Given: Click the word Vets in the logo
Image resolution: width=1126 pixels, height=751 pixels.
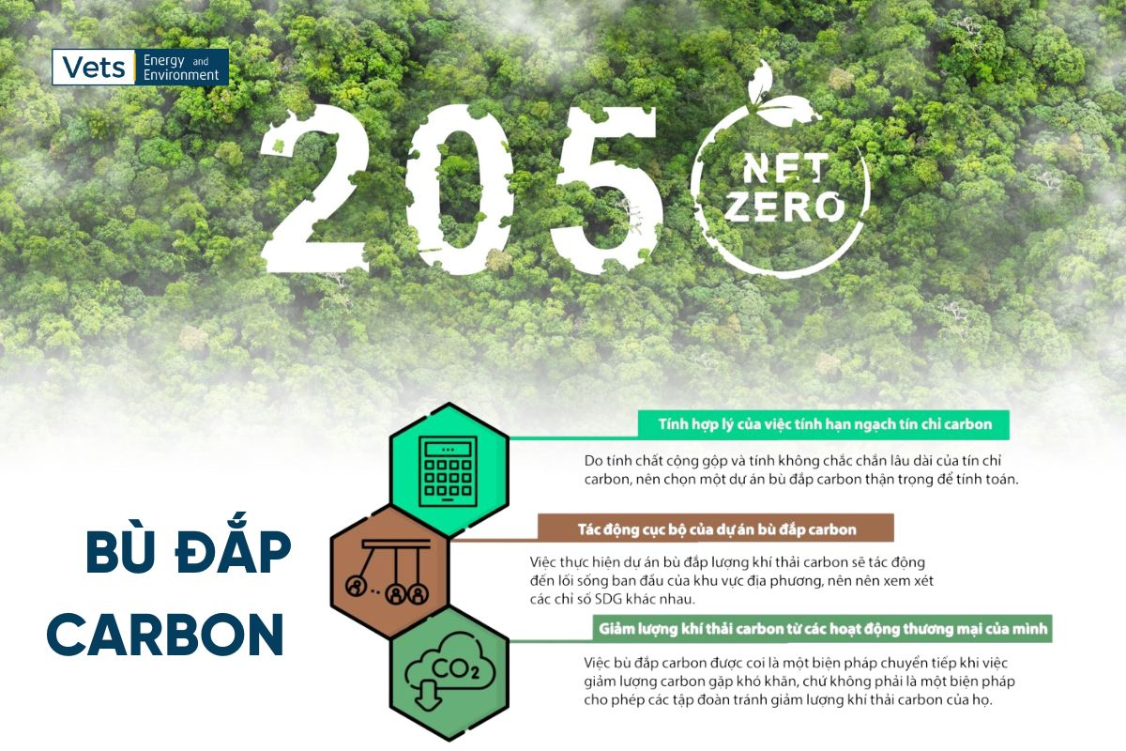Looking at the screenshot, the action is click(93, 68).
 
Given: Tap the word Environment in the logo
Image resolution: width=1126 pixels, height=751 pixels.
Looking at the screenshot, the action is click(181, 75).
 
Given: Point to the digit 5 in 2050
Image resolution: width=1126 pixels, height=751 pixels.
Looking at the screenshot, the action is click(603, 191).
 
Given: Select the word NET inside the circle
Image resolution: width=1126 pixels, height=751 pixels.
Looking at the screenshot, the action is click(785, 169).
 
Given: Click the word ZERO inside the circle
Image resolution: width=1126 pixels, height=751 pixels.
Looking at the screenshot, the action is click(784, 207).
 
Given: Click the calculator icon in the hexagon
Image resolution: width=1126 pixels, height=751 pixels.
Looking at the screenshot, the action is click(448, 471).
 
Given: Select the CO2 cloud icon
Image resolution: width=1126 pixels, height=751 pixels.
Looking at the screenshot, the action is click(449, 673).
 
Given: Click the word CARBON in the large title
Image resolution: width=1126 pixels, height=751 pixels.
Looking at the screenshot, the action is click(165, 635).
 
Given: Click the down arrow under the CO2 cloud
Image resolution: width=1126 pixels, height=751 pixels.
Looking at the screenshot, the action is click(427, 695).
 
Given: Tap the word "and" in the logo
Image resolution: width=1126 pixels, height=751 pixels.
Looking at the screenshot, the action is click(201, 62).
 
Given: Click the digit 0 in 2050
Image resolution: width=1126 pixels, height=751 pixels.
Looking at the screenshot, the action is click(462, 191).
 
